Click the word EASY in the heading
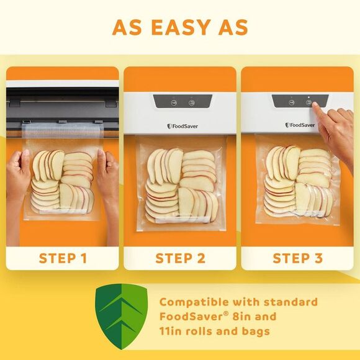pos(180,27)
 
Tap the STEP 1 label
pos(63,258)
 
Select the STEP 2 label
pos(180,258)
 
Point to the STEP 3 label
pos(297,258)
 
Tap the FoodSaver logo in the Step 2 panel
pos(180,126)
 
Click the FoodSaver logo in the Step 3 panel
pos(300,125)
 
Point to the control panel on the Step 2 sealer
pos(182,102)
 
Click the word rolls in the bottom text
pos(202,331)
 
